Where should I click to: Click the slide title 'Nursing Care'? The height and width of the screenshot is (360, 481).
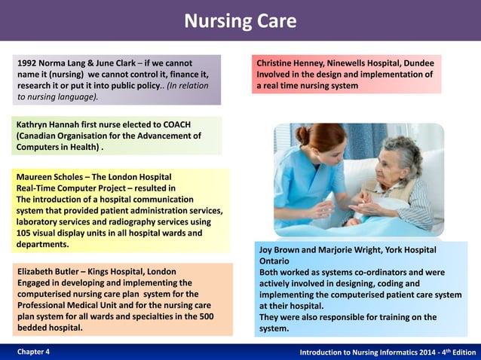(240, 21)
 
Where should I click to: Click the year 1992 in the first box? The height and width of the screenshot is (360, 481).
(29, 63)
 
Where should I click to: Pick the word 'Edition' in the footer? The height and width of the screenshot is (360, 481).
(461, 352)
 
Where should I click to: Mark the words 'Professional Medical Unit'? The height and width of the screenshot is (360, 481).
(72, 305)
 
